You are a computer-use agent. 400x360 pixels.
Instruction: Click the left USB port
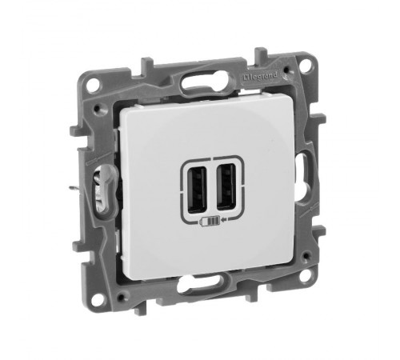[x=198, y=189]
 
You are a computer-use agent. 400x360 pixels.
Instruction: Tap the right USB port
[x=226, y=186]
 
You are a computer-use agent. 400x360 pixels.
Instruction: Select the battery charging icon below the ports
[x=210, y=221]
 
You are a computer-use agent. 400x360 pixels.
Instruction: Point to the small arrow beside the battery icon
[x=224, y=220]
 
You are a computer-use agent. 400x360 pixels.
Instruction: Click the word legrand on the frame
[x=263, y=76]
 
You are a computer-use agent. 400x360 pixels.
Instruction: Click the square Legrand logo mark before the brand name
[x=246, y=78]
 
